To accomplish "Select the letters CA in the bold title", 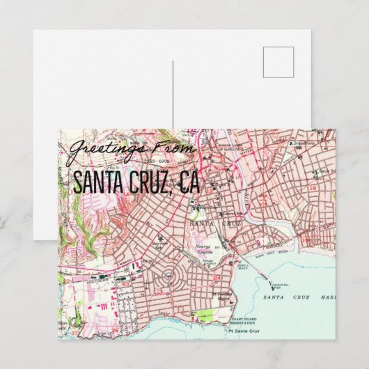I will (x=188, y=182).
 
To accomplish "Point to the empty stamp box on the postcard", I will (x=278, y=62).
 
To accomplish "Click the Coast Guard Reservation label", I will (x=244, y=321).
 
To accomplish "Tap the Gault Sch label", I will (x=322, y=170).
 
